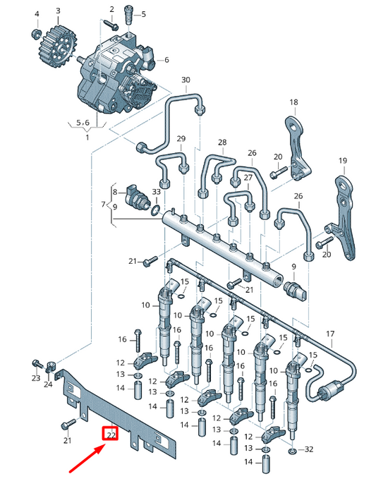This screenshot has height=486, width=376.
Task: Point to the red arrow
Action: coord(87,458)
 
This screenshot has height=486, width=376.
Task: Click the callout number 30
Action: coord(186,80)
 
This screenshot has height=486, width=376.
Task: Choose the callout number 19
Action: coord(343,161)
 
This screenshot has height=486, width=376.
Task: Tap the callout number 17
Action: coord(329,333)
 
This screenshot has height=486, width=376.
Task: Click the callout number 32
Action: coord(308,449)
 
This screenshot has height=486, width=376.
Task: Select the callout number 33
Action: coord(156,192)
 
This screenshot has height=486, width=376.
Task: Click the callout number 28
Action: coord(222,142)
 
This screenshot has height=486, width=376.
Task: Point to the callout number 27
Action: coord(248,178)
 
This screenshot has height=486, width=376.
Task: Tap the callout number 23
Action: coord(35,379)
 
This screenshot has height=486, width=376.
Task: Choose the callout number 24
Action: coord(49,384)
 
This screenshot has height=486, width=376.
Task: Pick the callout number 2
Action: coord(111,8)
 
